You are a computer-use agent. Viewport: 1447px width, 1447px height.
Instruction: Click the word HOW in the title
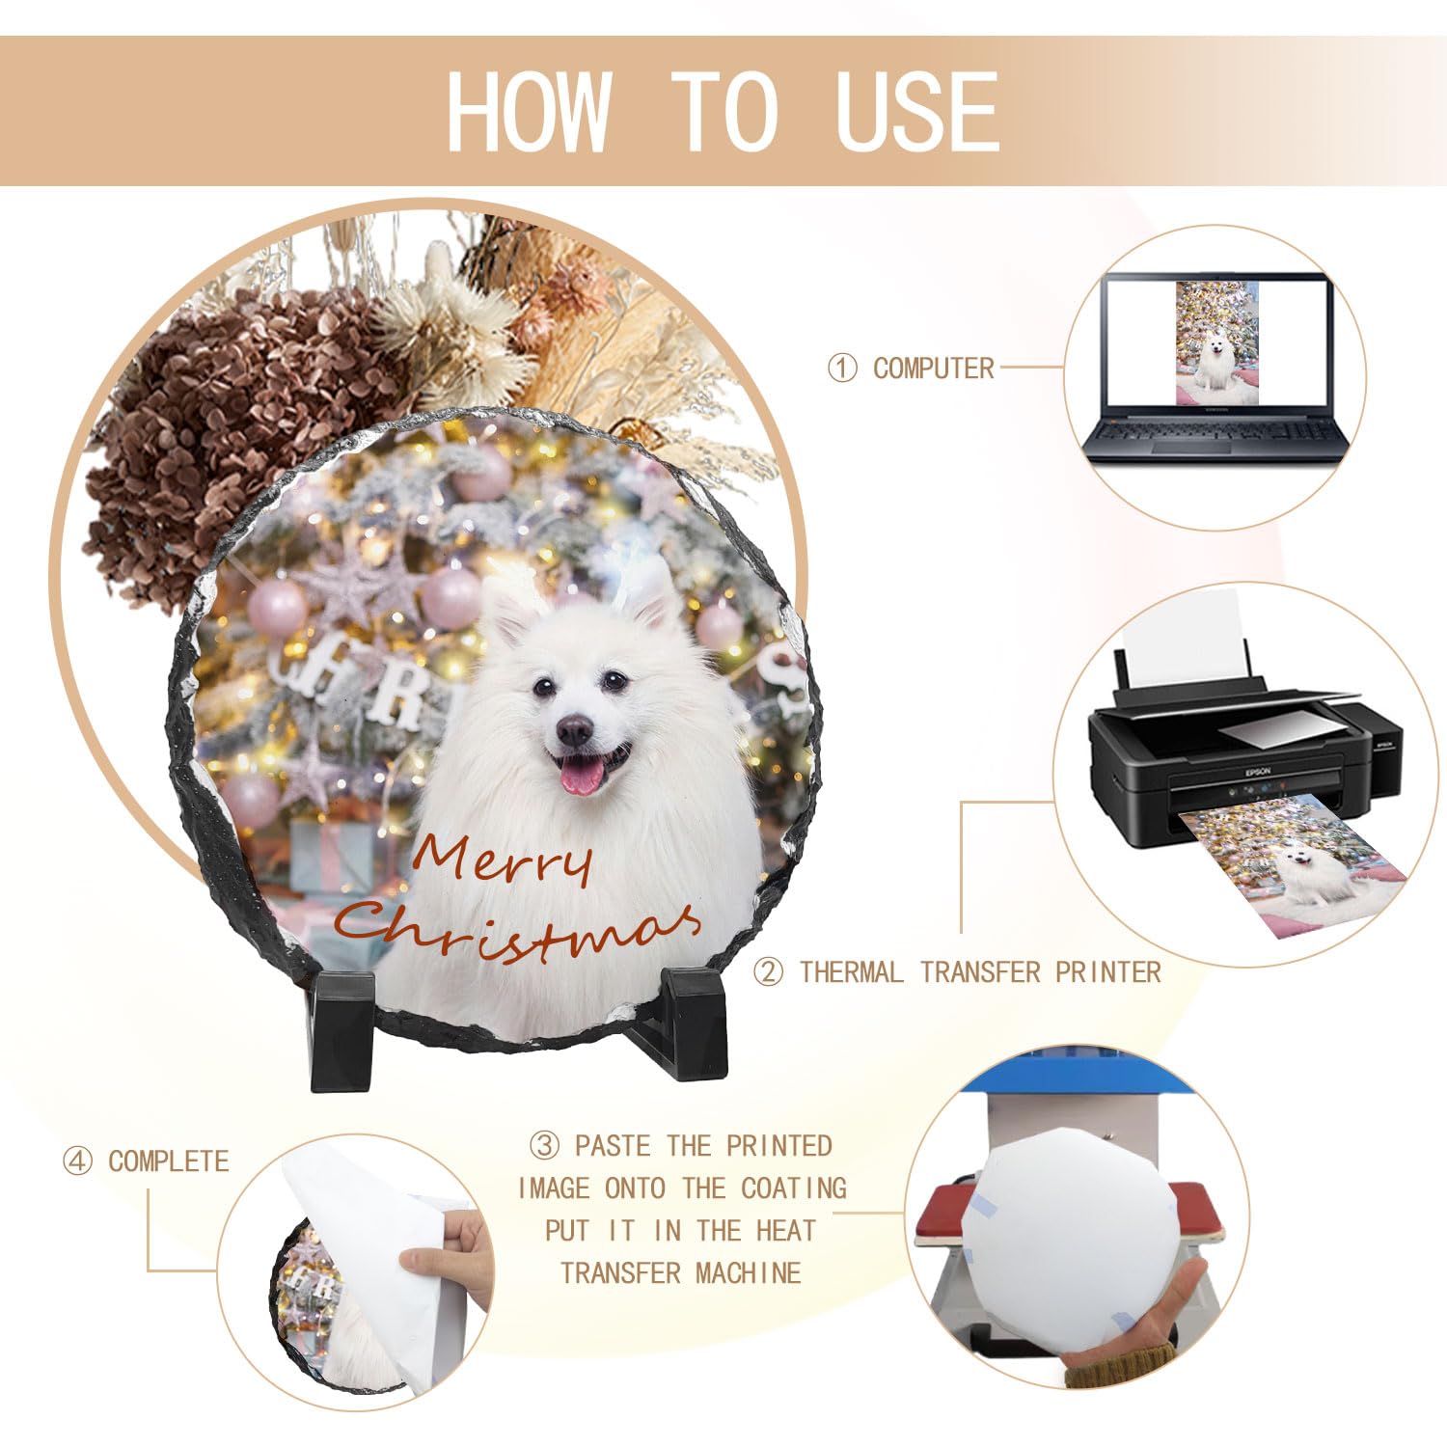(x=530, y=111)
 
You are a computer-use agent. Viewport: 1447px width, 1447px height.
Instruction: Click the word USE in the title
(x=917, y=111)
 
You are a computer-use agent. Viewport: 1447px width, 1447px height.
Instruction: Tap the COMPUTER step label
(x=933, y=368)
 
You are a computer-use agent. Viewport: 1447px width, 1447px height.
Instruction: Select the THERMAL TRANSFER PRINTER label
(x=980, y=971)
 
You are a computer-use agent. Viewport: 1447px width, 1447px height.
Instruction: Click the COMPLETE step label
(x=169, y=1160)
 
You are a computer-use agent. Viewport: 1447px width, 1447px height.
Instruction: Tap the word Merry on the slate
(x=502, y=861)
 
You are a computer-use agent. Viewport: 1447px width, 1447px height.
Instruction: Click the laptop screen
(x=1216, y=343)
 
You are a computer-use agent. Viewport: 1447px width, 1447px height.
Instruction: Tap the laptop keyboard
(x=1215, y=436)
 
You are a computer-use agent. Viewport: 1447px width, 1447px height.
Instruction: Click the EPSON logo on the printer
(x=1256, y=771)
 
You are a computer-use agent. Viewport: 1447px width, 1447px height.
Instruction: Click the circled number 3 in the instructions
(x=545, y=1145)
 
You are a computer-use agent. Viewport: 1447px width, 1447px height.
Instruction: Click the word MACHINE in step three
(x=749, y=1272)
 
